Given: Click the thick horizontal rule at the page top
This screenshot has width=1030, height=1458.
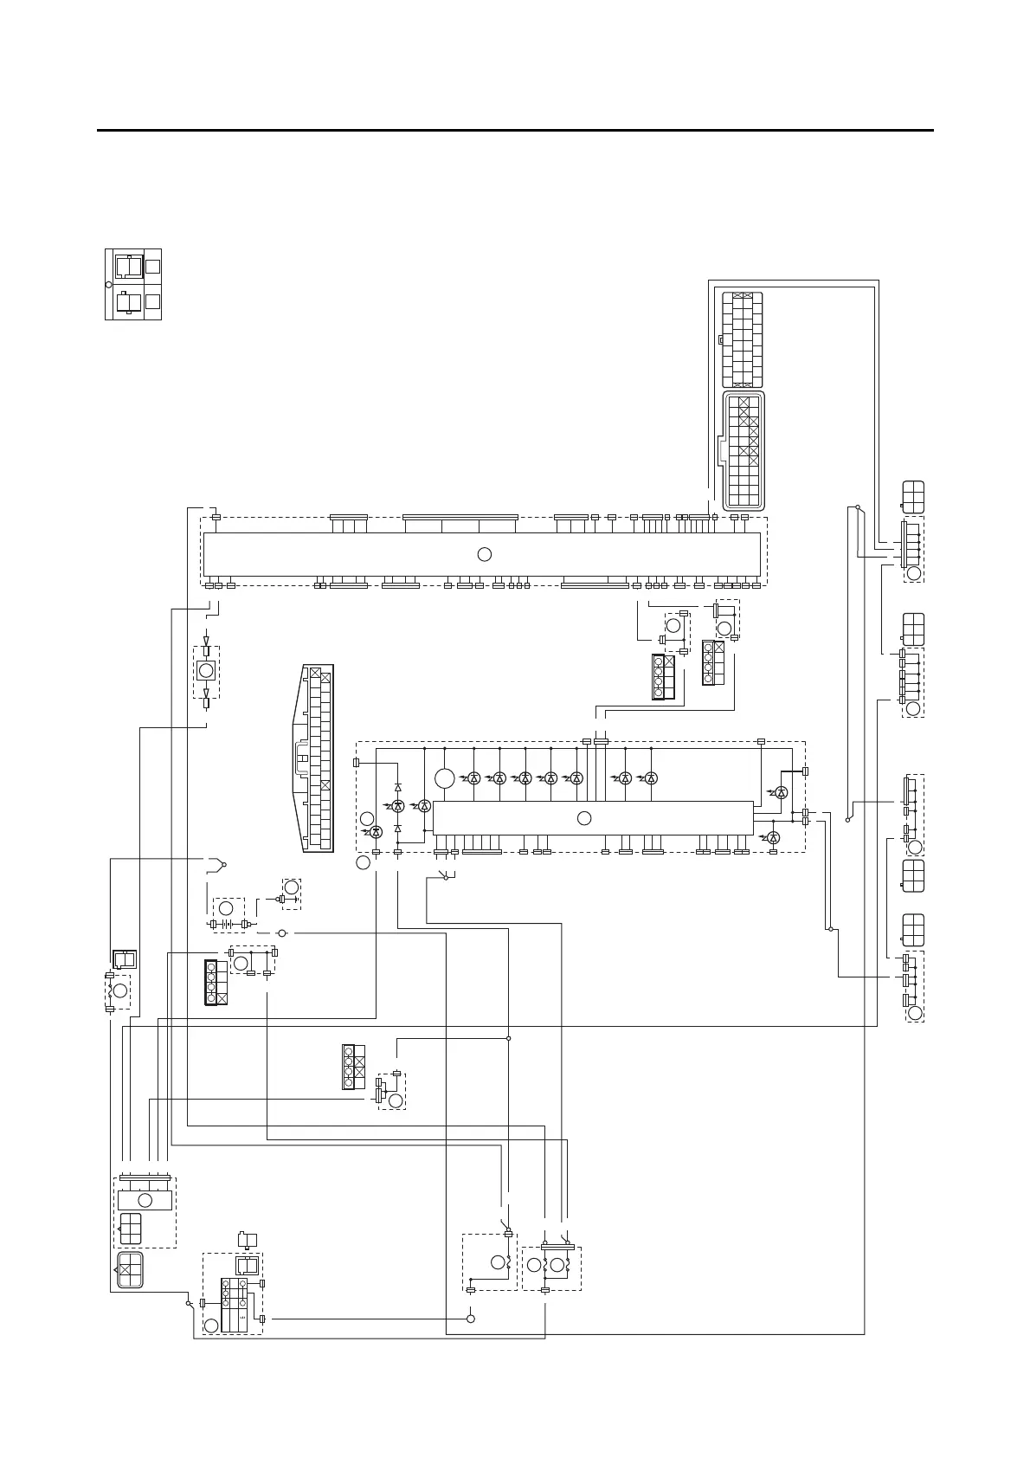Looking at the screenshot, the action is [x=515, y=131].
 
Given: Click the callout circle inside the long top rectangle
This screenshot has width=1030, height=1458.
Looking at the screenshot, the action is [x=485, y=554].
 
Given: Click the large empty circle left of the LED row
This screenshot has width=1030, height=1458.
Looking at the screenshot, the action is [x=444, y=778].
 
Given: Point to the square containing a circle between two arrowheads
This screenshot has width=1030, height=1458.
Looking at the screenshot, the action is [x=206, y=671].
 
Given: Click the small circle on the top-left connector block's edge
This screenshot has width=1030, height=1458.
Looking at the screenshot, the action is [x=108, y=285].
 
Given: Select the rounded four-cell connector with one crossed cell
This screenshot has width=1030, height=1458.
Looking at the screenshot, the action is [x=130, y=1269].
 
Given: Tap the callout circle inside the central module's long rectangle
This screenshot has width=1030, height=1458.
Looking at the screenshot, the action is [x=584, y=818].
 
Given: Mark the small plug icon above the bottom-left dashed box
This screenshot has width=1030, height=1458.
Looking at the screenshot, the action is [x=248, y=1238].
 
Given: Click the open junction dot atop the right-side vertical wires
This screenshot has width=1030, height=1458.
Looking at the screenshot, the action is [x=857, y=506].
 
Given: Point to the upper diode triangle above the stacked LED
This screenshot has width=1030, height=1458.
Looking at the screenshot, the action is [x=398, y=788].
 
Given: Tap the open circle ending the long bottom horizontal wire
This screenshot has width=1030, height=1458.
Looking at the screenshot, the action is [x=471, y=1319].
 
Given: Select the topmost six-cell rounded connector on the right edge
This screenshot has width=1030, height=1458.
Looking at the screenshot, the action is [x=913, y=497].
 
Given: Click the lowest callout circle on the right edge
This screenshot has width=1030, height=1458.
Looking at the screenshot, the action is [x=915, y=1012].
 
